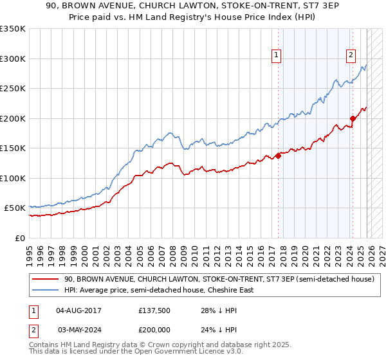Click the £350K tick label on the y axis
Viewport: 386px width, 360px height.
[x=13, y=29]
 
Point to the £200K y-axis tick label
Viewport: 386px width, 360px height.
[x=13, y=118]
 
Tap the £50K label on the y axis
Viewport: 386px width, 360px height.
[x=15, y=208]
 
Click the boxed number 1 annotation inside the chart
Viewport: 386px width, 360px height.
[x=276, y=56]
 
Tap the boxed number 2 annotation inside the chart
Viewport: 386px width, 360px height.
[x=351, y=56]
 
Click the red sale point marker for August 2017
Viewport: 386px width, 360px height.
[x=278, y=156]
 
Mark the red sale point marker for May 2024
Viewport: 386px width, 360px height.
[x=353, y=118]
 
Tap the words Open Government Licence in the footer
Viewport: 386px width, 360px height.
[x=165, y=353]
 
